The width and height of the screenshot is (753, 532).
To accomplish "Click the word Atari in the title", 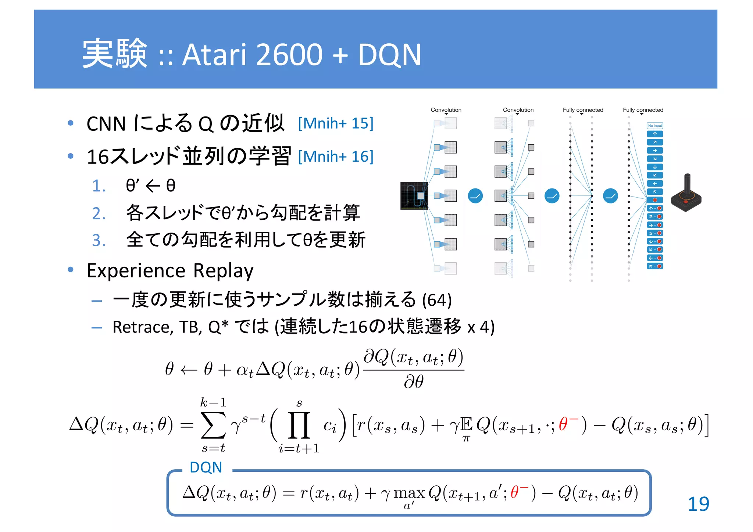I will (x=214, y=55).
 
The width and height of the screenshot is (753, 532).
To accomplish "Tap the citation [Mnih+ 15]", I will (x=336, y=123).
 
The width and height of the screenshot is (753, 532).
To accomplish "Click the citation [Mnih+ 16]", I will (x=336, y=157).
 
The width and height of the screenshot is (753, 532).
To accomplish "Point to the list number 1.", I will (x=99, y=186).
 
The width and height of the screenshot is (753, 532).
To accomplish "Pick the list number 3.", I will (x=99, y=241).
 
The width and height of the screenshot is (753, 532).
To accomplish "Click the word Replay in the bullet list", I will (x=223, y=271).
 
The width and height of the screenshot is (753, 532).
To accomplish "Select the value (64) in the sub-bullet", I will (x=437, y=300).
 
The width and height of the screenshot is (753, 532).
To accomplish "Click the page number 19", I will (x=698, y=504).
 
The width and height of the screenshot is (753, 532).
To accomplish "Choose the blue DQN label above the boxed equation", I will (x=206, y=467).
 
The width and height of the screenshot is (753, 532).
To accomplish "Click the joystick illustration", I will (x=686, y=194).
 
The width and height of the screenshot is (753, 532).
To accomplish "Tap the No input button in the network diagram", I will (x=655, y=126).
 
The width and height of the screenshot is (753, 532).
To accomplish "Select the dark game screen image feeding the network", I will (x=414, y=195).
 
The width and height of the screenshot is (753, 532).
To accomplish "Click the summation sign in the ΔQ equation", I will (x=213, y=425).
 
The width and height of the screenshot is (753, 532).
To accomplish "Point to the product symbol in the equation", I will (x=299, y=425).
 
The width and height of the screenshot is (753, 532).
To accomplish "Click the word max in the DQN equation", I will (x=409, y=493).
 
